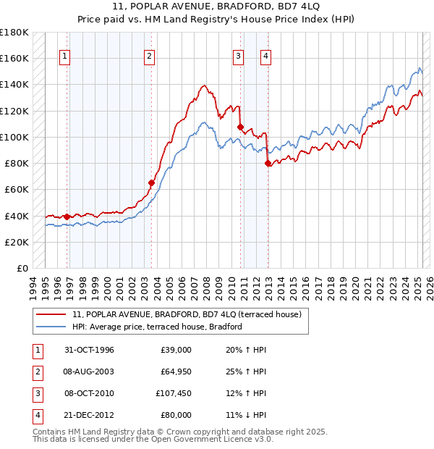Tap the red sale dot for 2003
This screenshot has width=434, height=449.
(x=152, y=183)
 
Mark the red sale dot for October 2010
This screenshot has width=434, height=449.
(x=240, y=127)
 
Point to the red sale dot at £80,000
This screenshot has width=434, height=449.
(x=268, y=163)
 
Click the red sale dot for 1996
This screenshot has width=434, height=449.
(x=67, y=217)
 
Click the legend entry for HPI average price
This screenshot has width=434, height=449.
(x=156, y=327)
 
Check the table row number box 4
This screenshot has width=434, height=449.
(x=38, y=415)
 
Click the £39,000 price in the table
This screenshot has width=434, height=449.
(x=176, y=350)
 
